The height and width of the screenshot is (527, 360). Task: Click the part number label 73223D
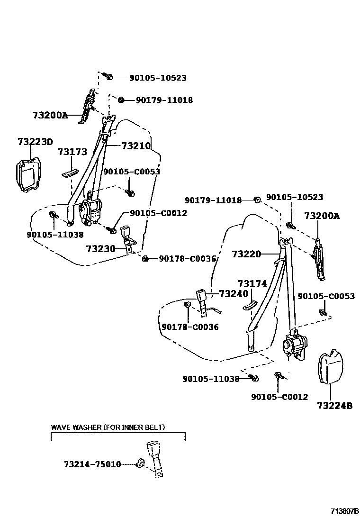pyautogui.click(x=35, y=142)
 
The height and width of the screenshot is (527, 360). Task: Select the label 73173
pyautogui.click(x=72, y=152)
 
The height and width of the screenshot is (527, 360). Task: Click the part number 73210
pyautogui.click(x=135, y=146)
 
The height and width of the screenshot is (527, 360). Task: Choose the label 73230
pyautogui.click(x=100, y=248)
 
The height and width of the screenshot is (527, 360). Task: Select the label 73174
pyautogui.click(x=252, y=284)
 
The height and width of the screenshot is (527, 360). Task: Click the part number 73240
pyautogui.click(x=234, y=294)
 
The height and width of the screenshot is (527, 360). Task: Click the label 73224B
pyautogui.click(x=334, y=406)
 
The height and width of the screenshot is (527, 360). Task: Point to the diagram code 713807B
pyautogui.click(x=345, y=511)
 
